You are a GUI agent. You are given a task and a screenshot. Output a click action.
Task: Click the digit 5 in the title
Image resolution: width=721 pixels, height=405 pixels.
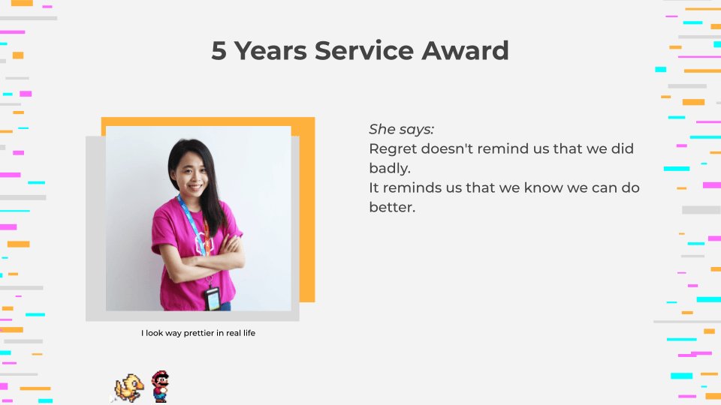219,50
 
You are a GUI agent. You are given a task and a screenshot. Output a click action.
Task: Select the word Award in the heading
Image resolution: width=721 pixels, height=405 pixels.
465,50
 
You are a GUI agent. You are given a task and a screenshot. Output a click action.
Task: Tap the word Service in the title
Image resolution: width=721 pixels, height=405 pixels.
364,50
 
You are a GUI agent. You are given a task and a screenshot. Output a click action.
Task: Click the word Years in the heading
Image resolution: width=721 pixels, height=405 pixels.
270,50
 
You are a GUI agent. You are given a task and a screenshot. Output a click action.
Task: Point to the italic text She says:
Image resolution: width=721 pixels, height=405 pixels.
401,129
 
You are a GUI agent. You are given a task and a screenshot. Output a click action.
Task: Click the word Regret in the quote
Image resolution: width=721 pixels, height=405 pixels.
393,148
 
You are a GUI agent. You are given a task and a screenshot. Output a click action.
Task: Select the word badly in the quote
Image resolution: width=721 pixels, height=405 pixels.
388,168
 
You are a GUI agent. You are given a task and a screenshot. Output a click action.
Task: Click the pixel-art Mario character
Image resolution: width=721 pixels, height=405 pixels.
161,387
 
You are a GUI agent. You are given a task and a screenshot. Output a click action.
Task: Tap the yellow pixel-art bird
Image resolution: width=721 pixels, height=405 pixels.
128,388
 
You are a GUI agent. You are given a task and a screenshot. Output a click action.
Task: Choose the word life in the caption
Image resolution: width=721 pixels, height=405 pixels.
249,333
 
